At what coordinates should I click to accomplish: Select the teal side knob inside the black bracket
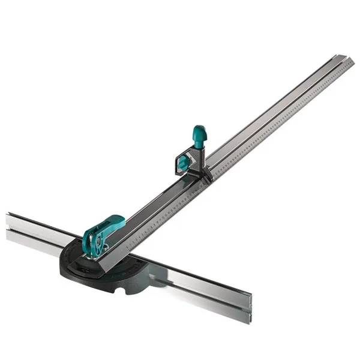click(181, 160)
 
